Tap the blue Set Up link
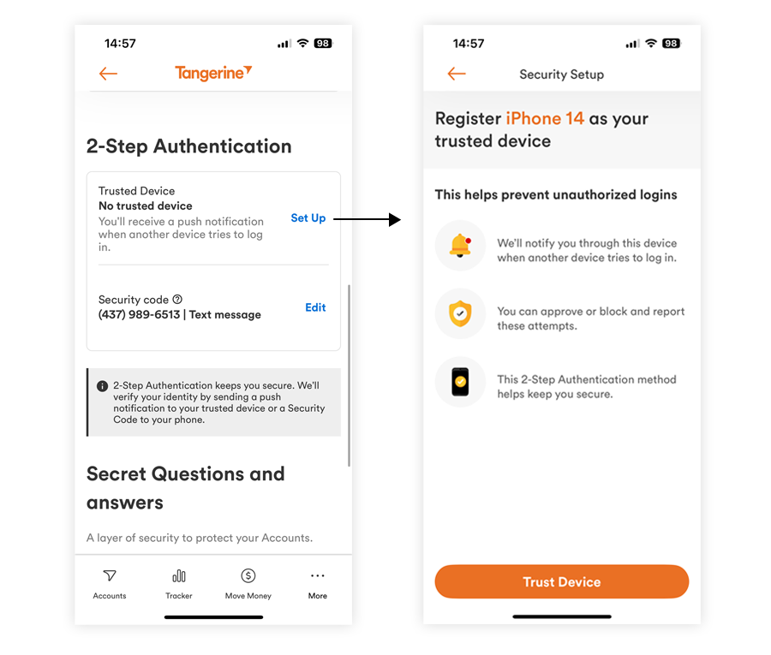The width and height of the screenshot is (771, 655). (308, 218)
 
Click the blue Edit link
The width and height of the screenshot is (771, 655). (315, 307)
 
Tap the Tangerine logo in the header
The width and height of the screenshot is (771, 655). (213, 73)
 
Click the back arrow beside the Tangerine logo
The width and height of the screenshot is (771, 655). (108, 74)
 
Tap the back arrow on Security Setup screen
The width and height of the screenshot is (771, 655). (457, 74)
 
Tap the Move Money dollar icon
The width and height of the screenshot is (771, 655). (248, 576)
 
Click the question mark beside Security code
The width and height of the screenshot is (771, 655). (177, 299)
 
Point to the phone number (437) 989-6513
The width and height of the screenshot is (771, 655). (140, 314)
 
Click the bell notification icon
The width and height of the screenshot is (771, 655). (461, 246)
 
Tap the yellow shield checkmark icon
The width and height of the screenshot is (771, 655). (461, 313)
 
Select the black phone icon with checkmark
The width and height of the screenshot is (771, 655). (461, 381)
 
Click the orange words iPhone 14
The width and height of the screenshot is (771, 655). (545, 118)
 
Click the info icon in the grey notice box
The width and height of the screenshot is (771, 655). (102, 386)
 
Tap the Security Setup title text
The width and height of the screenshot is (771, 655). (561, 74)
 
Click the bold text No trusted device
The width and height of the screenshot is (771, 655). (146, 205)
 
